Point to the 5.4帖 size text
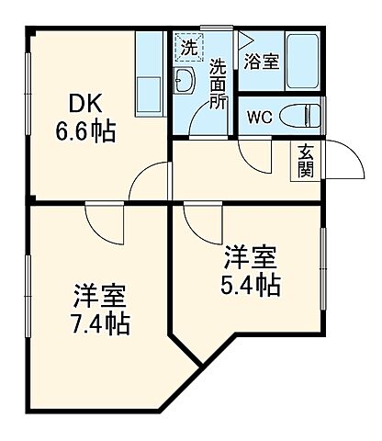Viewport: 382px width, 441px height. click(250, 285)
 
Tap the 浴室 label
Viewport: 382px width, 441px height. click(262, 62)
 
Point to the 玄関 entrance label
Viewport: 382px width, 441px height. click(305, 162)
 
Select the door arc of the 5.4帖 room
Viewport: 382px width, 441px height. click(198, 219)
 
